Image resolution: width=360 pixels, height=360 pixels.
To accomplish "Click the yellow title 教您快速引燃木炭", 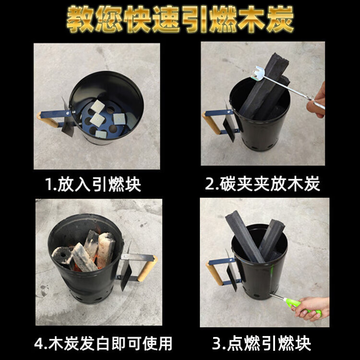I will (x=180, y=20).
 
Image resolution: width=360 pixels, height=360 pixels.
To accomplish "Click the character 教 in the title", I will (x=79, y=21).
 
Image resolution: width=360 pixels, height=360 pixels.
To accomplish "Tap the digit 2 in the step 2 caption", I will (x=210, y=184).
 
